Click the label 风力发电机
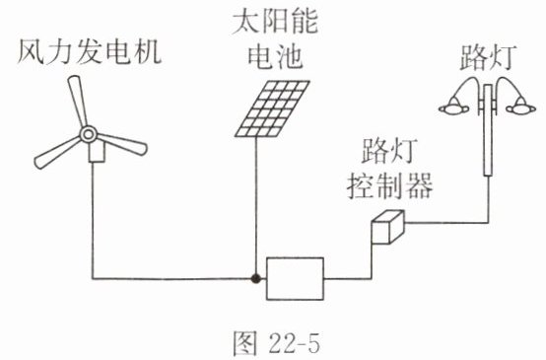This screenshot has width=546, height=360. [90, 52]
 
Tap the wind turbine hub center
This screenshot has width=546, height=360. [88, 134]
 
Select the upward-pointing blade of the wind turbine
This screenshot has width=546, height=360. [77, 101]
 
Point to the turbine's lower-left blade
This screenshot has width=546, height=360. [57, 153]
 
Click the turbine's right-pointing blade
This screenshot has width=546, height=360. [121, 144]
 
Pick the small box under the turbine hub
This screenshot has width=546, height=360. [97, 152]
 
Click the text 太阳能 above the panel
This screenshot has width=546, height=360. [275, 23]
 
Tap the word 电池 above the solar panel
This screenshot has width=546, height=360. [275, 56]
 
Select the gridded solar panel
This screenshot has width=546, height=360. [272, 108]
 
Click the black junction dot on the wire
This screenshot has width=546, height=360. [256, 278]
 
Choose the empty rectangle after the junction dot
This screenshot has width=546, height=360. [295, 278]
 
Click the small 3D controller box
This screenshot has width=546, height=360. [387, 227]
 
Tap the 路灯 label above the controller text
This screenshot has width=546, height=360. [389, 151]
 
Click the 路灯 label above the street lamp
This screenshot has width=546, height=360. [488, 57]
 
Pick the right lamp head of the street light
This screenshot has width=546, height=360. [521, 107]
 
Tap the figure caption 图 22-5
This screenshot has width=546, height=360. [276, 343]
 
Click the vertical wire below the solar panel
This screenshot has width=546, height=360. [256, 205]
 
